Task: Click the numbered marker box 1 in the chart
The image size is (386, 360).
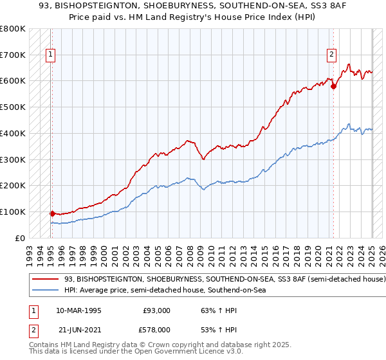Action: (x=50, y=55)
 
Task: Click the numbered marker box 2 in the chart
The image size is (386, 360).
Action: (x=331, y=55)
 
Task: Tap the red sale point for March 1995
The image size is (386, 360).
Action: (x=52, y=213)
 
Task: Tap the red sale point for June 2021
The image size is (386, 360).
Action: (x=333, y=86)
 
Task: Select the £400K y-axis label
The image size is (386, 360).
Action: (x=14, y=133)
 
